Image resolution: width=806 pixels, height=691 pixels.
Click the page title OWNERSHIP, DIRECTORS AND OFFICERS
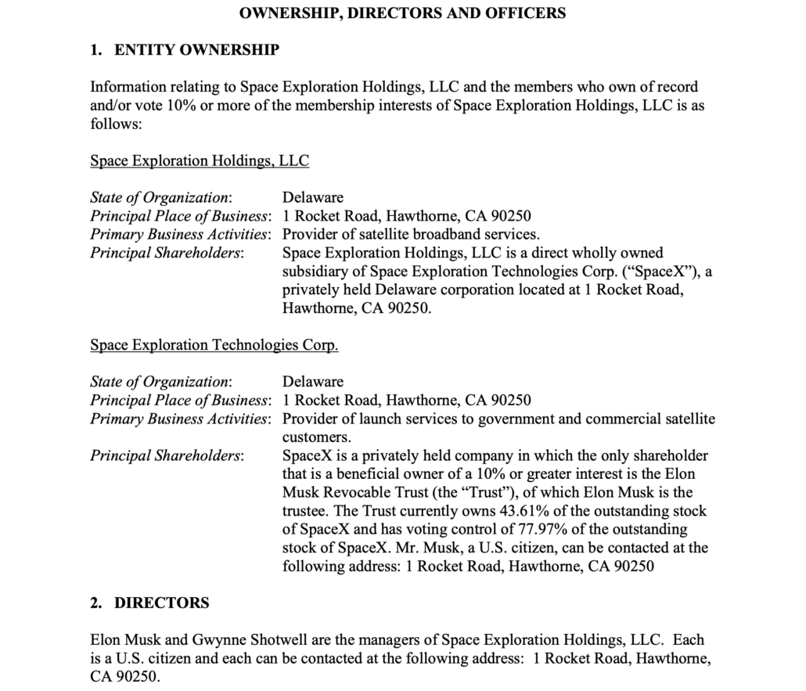(x=402, y=13)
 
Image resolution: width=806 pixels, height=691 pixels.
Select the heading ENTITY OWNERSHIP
(x=196, y=51)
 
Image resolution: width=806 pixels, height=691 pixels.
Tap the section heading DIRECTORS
(x=162, y=603)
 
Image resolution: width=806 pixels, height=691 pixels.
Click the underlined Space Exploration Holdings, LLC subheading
(x=200, y=161)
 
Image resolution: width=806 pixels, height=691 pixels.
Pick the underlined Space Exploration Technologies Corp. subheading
(x=214, y=345)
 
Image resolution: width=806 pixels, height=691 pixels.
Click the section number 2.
(x=95, y=603)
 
